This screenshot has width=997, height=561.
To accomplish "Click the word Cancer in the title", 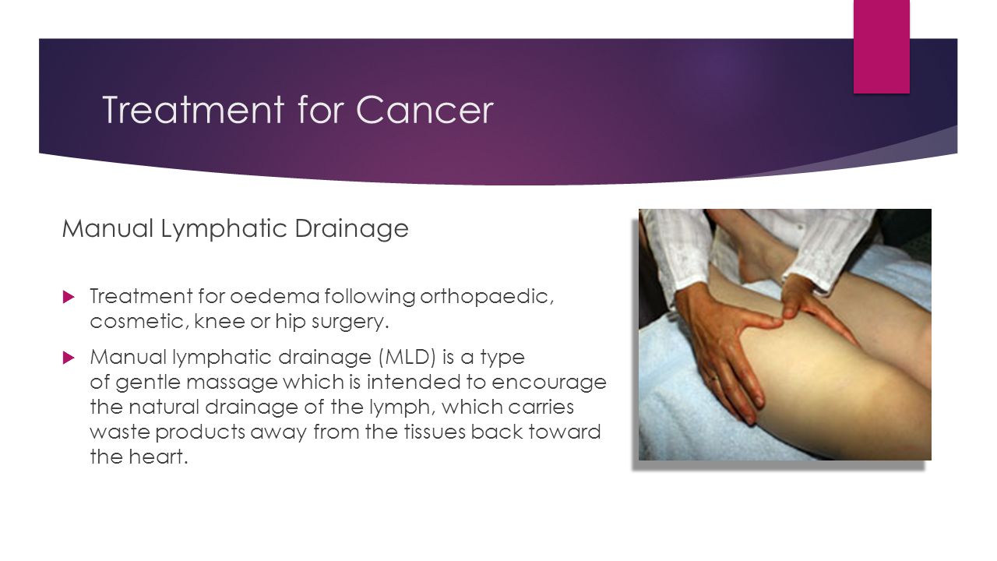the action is click(425, 110).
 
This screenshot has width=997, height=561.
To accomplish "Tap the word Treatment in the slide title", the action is click(193, 110).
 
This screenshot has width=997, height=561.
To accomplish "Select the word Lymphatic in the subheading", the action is click(224, 229).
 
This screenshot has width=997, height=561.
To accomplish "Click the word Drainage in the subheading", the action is click(351, 229).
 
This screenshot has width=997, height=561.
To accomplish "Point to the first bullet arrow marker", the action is click(69, 297).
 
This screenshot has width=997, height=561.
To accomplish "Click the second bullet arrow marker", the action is click(69, 357).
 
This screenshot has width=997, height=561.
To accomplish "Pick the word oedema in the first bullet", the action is click(275, 296).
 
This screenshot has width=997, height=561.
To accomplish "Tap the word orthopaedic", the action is click(487, 297).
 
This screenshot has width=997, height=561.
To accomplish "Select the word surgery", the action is click(350, 322).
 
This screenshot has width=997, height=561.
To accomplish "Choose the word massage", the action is click(231, 383).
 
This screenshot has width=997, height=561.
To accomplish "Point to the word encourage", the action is click(549, 383).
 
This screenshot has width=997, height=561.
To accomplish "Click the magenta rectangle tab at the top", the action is click(881, 46).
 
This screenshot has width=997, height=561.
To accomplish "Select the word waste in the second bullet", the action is click(120, 432).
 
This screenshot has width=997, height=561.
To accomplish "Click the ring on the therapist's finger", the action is click(713, 379).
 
